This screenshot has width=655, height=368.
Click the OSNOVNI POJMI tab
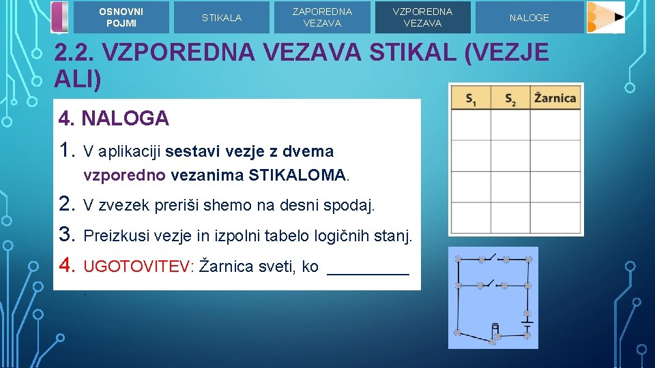pos(121,17)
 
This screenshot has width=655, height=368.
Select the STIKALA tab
pos(221,18)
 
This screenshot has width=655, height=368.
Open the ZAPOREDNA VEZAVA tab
pos(322,17)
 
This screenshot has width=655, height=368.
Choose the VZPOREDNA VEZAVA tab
pos(422,17)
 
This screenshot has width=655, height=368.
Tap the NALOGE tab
pos(529,18)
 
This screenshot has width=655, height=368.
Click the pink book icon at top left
pos(60,17)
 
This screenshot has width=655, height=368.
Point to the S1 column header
pos(471,99)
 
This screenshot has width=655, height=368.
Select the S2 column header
pos(510,99)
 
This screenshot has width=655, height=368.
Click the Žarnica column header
pos(555,99)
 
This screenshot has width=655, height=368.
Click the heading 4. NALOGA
pos(114,119)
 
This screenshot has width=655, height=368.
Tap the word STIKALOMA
pos(299,175)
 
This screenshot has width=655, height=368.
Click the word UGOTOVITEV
pos(136,266)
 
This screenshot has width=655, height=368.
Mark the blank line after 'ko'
pos(368,268)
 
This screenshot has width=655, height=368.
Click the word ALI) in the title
pos(78,80)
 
